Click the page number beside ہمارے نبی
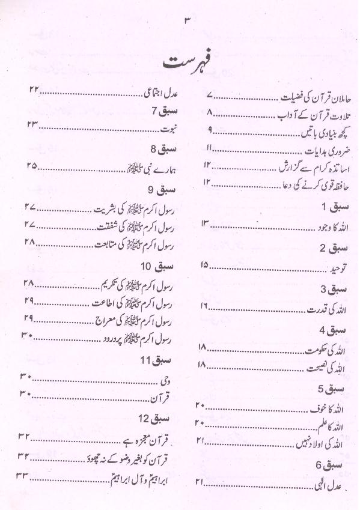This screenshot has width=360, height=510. [x=32, y=165]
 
